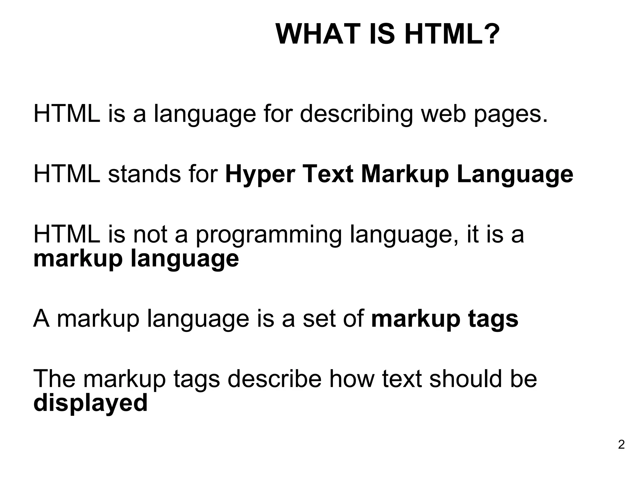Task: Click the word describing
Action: (356, 114)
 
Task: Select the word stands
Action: (144, 174)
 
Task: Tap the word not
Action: (150, 235)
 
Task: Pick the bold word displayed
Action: (90, 403)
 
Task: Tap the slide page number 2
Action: (621, 445)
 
